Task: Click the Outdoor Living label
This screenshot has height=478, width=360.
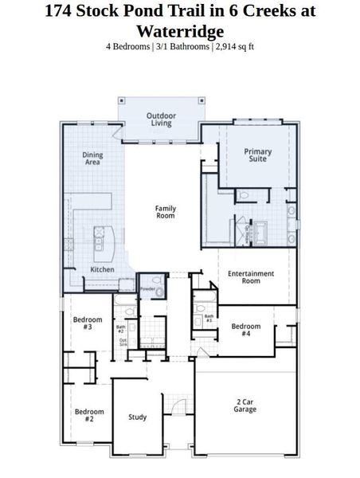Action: pos(161,119)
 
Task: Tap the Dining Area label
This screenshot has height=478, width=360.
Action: pos(93,158)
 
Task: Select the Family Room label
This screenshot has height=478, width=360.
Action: pos(165,212)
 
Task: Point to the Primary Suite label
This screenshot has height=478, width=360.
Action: pos(257,155)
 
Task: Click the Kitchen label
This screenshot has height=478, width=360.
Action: pos(101,270)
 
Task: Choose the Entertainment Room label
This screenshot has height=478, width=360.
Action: pos(251,277)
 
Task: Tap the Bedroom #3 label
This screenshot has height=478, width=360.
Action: pos(88,323)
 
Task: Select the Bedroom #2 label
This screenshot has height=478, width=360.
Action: pos(90,415)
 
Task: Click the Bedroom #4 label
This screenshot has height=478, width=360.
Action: pos(246,330)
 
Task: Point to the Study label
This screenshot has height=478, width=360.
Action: pos(137,417)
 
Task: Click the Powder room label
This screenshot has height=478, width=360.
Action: pos(147,288)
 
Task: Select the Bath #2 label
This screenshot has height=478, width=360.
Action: pos(121,328)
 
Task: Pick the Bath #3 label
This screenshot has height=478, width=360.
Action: pos(209,318)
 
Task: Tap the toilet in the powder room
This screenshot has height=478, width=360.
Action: pos(158,292)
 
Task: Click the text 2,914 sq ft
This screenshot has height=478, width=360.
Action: pos(233,46)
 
